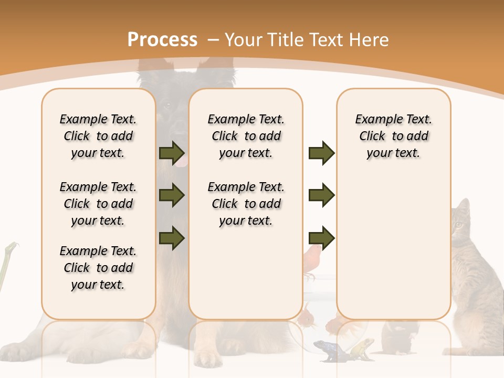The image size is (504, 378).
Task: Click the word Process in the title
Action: click(x=162, y=40)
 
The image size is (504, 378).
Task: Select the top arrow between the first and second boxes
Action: click(x=172, y=153)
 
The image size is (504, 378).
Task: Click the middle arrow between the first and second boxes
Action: click(x=172, y=195)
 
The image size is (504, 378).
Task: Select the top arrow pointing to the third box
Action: click(x=321, y=153)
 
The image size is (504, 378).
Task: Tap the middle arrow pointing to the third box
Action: click(x=321, y=195)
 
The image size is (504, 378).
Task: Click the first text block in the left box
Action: click(x=98, y=136)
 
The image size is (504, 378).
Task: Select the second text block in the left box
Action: click(x=98, y=204)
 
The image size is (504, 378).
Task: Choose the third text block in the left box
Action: click(x=98, y=268)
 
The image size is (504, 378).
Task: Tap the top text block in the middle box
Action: click(x=246, y=136)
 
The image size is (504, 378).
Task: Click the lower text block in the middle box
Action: click(x=246, y=204)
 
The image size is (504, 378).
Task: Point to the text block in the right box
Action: click(x=393, y=136)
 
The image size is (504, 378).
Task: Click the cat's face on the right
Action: click(x=461, y=224)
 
